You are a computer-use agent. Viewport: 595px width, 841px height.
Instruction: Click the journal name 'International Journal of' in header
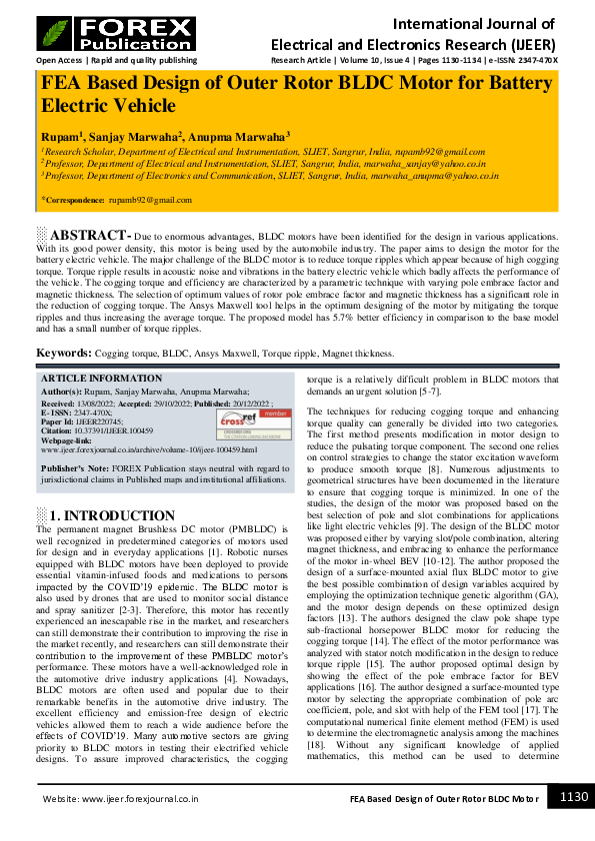(474, 21)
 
